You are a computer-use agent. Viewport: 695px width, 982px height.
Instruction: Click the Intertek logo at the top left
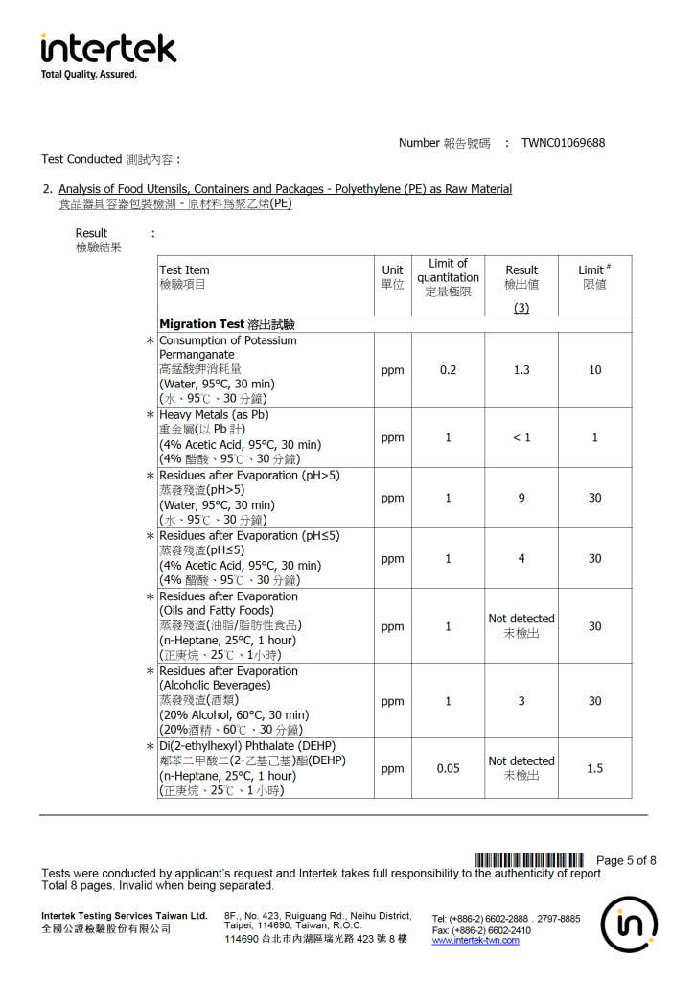pyautogui.click(x=108, y=49)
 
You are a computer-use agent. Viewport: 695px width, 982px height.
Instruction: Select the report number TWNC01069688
pyautogui.click(x=563, y=143)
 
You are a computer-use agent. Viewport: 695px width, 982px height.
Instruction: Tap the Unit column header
pyautogui.click(x=392, y=277)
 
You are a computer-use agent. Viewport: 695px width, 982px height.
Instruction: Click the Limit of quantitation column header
pyautogui.click(x=448, y=277)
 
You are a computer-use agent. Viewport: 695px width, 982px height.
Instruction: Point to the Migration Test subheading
pyautogui.click(x=226, y=324)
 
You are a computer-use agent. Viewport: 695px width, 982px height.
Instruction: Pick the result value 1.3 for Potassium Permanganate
pyautogui.click(x=521, y=370)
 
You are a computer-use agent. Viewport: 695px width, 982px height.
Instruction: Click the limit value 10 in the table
pyautogui.click(x=594, y=370)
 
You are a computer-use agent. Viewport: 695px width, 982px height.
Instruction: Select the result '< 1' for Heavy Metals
pyautogui.click(x=521, y=437)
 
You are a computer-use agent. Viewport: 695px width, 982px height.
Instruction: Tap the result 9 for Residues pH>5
pyautogui.click(x=521, y=498)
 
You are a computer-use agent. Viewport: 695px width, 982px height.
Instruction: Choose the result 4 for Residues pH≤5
pyautogui.click(x=521, y=558)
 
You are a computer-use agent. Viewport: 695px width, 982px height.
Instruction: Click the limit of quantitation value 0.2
pyautogui.click(x=448, y=370)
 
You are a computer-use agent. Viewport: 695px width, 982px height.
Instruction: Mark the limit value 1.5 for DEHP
pyautogui.click(x=594, y=768)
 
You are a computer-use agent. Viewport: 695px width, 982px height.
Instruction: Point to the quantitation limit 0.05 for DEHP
pyautogui.click(x=448, y=768)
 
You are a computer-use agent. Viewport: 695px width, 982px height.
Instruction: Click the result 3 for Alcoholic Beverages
pyautogui.click(x=521, y=701)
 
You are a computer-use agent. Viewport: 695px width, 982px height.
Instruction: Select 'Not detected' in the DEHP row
pyautogui.click(x=521, y=761)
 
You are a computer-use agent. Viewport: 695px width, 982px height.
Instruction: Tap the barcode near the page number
pyautogui.click(x=529, y=859)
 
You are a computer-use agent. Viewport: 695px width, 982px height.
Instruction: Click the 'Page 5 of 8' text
pyautogui.click(x=626, y=860)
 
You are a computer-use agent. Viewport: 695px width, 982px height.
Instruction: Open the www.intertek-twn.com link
pyautogui.click(x=475, y=941)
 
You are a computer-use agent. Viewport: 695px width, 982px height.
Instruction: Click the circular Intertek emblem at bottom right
pyautogui.click(x=629, y=924)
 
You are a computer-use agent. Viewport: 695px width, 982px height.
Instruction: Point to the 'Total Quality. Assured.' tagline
pyautogui.click(x=89, y=74)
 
